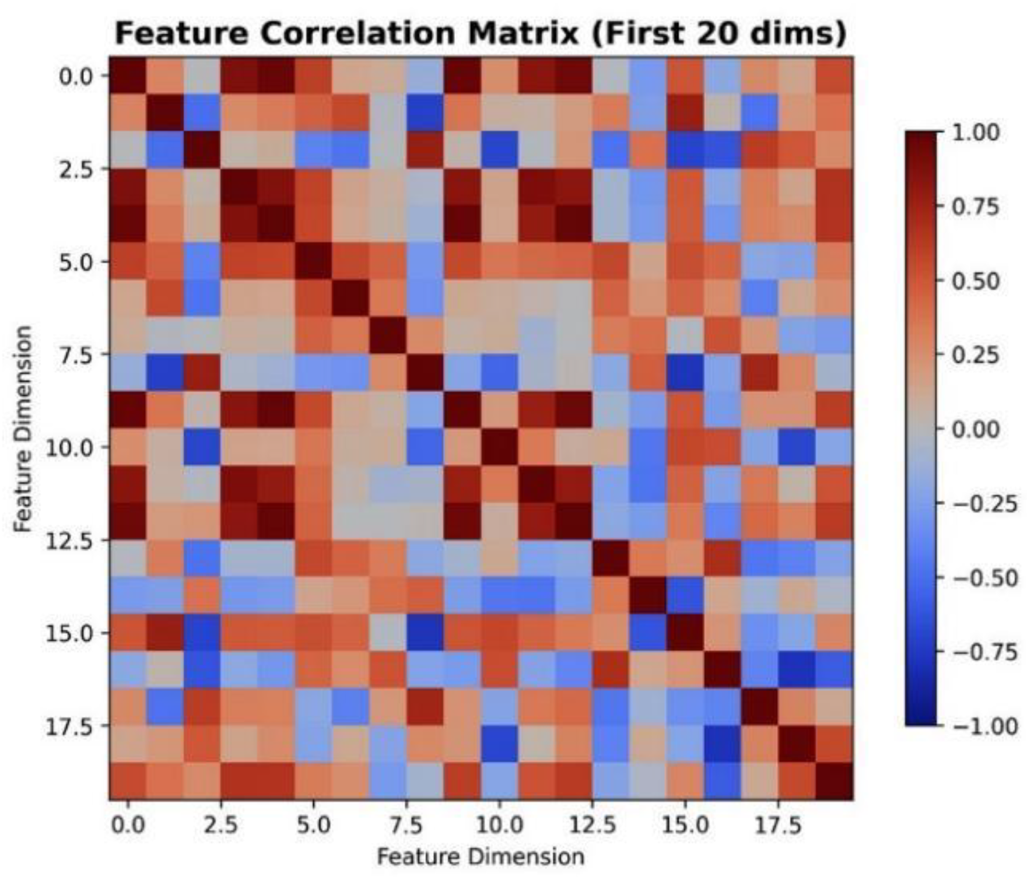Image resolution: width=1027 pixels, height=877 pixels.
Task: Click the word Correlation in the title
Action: pos(357,33)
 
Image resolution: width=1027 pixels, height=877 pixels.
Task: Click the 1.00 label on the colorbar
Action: pos(976,132)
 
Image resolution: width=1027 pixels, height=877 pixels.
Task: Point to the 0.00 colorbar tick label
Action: pos(976,430)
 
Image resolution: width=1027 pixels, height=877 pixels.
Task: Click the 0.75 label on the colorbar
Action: pos(976,207)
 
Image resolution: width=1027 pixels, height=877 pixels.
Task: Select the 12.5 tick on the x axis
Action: pos(593,826)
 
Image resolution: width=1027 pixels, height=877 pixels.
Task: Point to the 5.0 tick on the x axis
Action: pos(313,826)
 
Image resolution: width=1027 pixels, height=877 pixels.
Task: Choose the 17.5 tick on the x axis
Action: pos(778,826)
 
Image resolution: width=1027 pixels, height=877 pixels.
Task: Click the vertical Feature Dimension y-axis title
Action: pos(23,429)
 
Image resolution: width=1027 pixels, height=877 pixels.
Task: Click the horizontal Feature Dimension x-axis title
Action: pos(481,857)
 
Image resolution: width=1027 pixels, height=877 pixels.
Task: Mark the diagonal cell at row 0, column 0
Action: pos(128,75)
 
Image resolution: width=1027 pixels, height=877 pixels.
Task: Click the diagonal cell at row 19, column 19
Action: pos(834,781)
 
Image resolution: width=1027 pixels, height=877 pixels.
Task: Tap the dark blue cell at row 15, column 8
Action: pos(425,632)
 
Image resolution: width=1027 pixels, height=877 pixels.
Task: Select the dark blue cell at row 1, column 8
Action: pos(425,113)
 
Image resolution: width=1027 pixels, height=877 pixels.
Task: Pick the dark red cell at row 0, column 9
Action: pos(462,75)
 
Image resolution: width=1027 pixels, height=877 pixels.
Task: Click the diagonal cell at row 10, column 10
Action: pos(499,447)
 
